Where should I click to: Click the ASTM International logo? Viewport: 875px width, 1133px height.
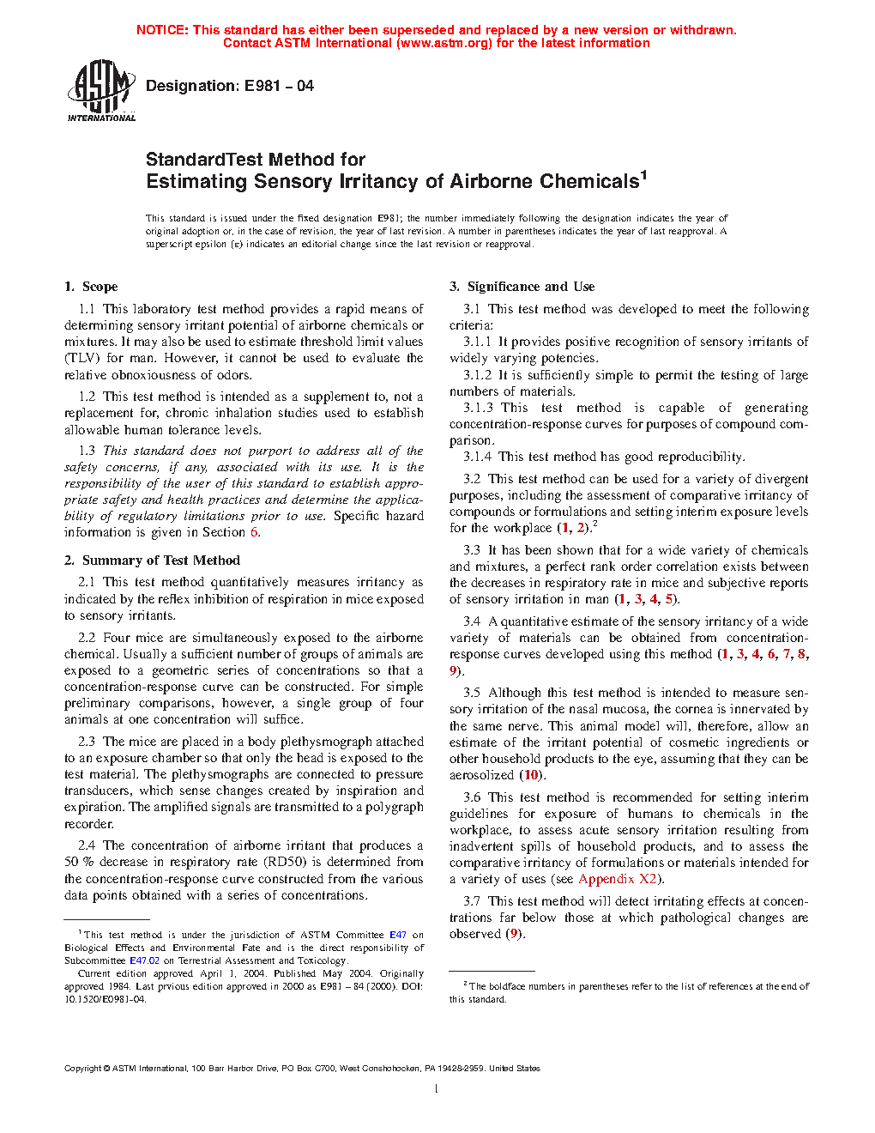point(101,89)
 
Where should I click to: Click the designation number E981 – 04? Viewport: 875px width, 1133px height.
point(279,86)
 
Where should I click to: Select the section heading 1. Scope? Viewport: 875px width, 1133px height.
point(91,287)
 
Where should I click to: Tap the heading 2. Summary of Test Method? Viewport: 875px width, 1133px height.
point(152,560)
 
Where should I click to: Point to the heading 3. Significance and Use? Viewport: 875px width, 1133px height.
point(522,287)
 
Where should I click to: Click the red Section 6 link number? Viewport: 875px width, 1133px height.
point(254,532)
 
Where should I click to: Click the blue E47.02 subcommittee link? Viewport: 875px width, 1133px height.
point(144,960)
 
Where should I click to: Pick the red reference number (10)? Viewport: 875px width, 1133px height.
point(531,775)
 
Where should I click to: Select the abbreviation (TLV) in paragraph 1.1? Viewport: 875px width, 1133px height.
point(81,358)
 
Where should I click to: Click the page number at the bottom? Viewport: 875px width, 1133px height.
point(437,1089)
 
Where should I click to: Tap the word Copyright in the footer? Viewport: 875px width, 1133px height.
point(82,1069)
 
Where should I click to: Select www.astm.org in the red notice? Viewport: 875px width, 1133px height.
point(444,43)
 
